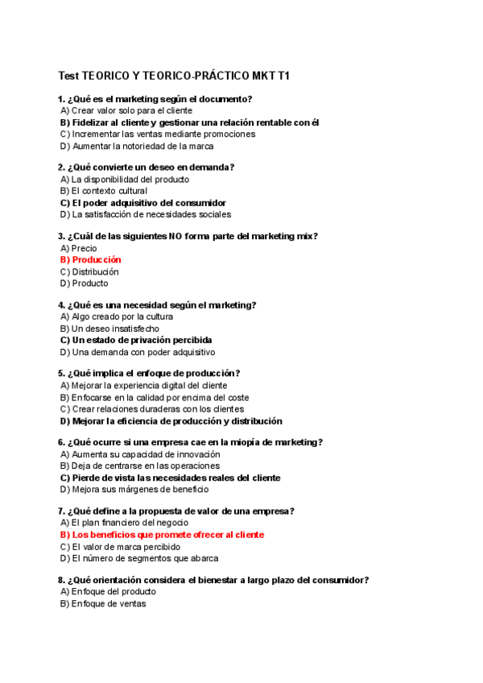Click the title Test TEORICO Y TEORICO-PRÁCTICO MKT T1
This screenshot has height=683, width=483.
pos(174,76)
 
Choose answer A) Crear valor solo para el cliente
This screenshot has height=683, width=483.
pos(126,110)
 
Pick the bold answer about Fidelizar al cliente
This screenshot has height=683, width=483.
pos(189,122)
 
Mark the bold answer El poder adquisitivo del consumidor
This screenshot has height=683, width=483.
pos(142,203)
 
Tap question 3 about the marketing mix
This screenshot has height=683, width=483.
pos(188,236)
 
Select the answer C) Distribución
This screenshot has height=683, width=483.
pos(89,272)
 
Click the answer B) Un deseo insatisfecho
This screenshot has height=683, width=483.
pos(109,329)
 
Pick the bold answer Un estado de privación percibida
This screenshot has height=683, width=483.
pos(136,340)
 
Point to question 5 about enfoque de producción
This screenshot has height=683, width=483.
pos(149,374)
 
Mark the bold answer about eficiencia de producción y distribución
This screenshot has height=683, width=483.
pos(171,421)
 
